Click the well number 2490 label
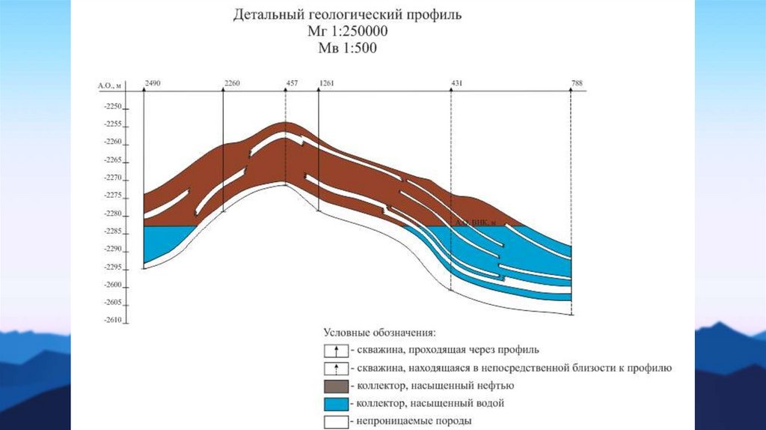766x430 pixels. [x=153, y=82]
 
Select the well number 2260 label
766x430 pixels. [x=232, y=82]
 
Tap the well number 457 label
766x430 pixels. [x=292, y=82]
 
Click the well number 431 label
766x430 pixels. [x=458, y=82]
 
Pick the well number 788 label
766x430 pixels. [x=576, y=82]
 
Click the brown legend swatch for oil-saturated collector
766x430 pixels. [x=336, y=386]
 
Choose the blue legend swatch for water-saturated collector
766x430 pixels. [x=336, y=404]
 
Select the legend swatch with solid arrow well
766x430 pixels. [x=336, y=350]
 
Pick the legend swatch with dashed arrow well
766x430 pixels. [x=336, y=368]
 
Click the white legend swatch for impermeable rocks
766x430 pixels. [x=336, y=421]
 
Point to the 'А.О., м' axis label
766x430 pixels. [x=108, y=86]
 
